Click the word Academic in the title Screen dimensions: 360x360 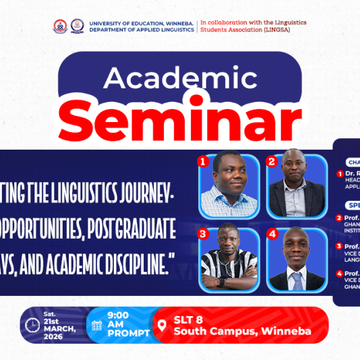180,79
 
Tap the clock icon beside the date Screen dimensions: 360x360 32,325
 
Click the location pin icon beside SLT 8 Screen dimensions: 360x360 161,326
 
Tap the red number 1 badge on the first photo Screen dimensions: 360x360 201,162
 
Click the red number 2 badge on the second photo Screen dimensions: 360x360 271,162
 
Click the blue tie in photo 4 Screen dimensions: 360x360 297,280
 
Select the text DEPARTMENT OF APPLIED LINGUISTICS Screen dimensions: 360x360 142,30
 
